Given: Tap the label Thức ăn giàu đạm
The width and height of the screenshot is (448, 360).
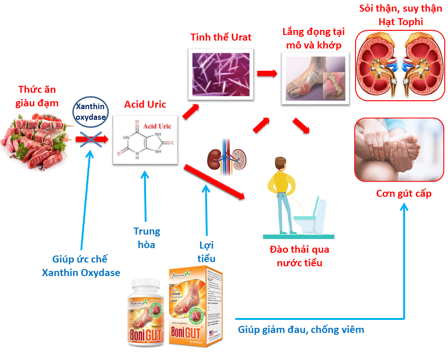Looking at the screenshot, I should coord(38,96).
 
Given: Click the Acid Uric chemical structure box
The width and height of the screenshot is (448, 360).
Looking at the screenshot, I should coord(145,139).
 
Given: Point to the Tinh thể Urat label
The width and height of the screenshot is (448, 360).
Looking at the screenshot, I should coord(221,37).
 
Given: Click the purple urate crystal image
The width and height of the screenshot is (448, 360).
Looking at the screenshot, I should coord(222,74).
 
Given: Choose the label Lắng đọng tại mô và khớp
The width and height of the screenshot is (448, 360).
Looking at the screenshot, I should coord(313,38).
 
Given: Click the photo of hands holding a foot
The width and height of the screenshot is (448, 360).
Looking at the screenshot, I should coord(399,149).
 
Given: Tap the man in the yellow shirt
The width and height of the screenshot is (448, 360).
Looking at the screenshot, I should coord(283,196).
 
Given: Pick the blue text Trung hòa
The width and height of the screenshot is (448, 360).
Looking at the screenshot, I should coord(147,238).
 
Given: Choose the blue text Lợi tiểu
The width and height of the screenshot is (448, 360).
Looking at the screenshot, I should coord(206,252).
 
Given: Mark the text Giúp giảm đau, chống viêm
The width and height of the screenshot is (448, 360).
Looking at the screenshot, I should coord(301,330).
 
